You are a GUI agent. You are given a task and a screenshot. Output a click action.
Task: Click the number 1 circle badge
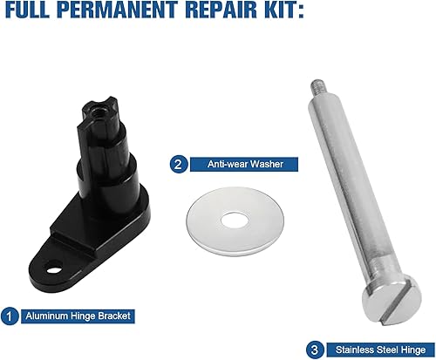click(10, 316)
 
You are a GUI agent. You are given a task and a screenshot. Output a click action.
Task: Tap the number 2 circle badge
click(177, 162)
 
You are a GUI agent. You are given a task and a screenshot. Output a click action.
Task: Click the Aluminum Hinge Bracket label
click(77, 316)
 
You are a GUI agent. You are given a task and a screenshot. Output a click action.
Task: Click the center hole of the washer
click(234, 215)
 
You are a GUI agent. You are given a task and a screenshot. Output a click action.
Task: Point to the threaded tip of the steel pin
click(317, 88)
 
